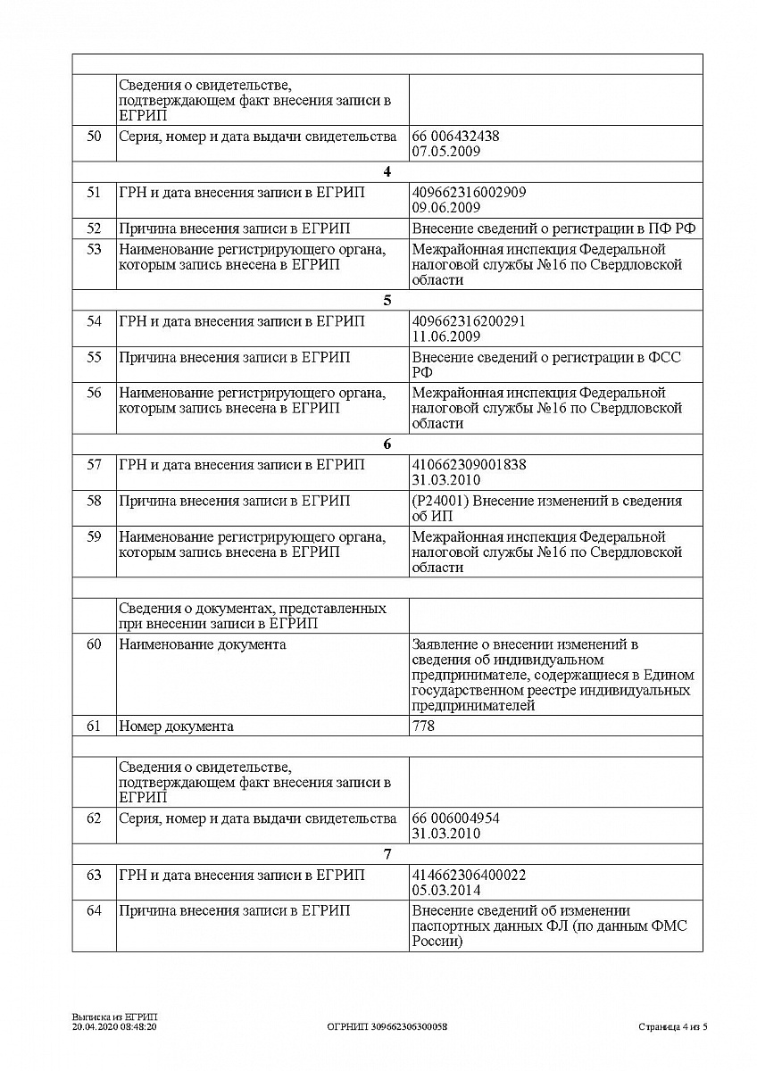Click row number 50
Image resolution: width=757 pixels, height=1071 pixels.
click(94, 137)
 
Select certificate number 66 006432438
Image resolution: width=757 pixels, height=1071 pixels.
click(455, 137)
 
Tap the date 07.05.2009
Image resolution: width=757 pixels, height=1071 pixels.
click(446, 152)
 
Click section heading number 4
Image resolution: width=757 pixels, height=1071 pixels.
click(387, 172)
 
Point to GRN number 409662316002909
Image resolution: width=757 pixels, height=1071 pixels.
click(469, 193)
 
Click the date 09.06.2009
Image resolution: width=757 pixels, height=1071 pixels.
click(446, 208)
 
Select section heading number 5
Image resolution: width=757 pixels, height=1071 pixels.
click(387, 301)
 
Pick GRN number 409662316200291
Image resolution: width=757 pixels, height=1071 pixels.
click(469, 321)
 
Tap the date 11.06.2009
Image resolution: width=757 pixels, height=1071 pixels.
click(446, 336)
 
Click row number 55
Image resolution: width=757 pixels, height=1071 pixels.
click(94, 358)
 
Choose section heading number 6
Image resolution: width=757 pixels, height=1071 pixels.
click(387, 444)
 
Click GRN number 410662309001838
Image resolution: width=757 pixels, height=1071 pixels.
click(469, 465)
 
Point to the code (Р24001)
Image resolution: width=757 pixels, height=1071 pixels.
click(440, 501)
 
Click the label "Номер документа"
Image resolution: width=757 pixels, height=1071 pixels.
click(176, 726)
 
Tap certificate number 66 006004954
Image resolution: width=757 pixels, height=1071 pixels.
click(455, 818)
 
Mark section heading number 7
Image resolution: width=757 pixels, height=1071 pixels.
click(387, 854)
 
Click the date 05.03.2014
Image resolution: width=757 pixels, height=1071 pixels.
click(446, 890)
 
